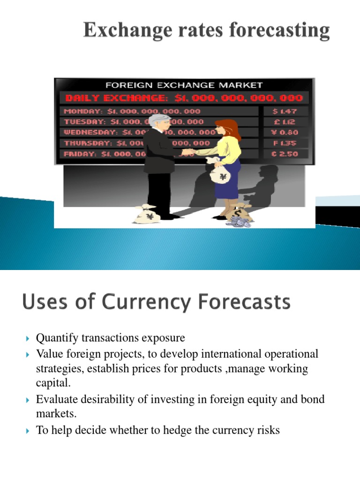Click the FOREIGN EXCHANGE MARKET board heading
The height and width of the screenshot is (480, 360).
point(184,85)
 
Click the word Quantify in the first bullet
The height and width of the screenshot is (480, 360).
point(56,338)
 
